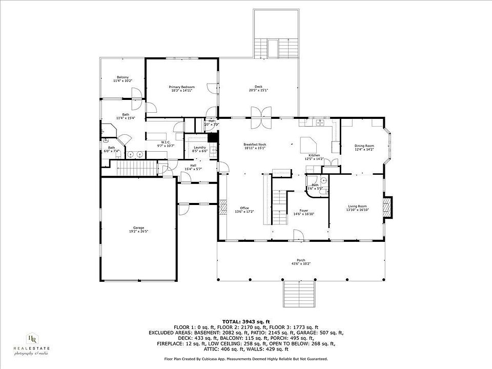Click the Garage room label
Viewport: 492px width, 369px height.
(139, 228)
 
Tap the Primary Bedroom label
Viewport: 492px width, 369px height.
(182, 87)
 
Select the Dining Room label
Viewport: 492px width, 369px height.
(364, 146)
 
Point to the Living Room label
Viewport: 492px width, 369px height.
(357, 206)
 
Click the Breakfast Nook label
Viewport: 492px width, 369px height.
(255, 145)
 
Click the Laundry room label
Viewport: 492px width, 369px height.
(199, 148)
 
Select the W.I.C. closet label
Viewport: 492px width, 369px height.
(166, 142)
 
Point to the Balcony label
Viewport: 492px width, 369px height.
(122, 77)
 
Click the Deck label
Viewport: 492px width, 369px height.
(259, 87)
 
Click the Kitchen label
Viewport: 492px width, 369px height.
(314, 155)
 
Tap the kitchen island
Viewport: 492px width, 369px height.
(309, 144)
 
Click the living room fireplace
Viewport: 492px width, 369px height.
(388, 206)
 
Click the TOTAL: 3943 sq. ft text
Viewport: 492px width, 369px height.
(246, 321)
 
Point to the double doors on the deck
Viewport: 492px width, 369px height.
(261, 118)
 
